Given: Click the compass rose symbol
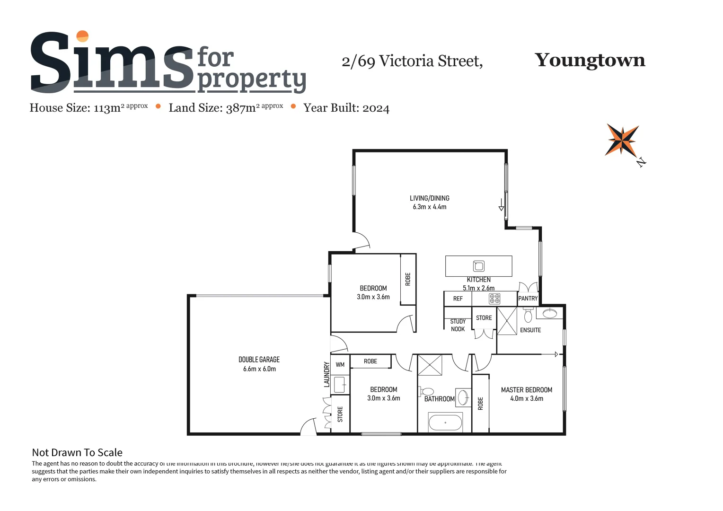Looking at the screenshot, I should (x=622, y=140).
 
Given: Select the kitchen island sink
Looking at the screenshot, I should (x=479, y=266).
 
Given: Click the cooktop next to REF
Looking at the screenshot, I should (x=494, y=299).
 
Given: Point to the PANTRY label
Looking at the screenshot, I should (x=528, y=299).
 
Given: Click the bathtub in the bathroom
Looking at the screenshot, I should (x=445, y=423).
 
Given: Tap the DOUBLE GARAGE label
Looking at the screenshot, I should (x=259, y=360).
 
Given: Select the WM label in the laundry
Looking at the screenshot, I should (x=340, y=365).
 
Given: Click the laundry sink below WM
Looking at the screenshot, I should (x=340, y=384).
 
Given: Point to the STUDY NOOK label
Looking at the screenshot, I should (x=458, y=325).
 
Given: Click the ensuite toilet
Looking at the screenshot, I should (x=528, y=315).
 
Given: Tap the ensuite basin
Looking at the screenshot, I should (x=550, y=313).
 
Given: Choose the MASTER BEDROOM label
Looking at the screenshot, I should (x=527, y=390).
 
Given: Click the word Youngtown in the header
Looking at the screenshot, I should (x=590, y=60).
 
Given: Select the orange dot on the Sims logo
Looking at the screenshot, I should (x=82, y=36).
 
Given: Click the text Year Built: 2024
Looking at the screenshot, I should (x=346, y=108).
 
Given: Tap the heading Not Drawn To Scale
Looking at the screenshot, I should (x=77, y=452).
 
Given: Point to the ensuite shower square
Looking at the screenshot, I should (x=507, y=321).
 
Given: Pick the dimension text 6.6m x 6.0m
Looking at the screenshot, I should (x=259, y=369).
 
